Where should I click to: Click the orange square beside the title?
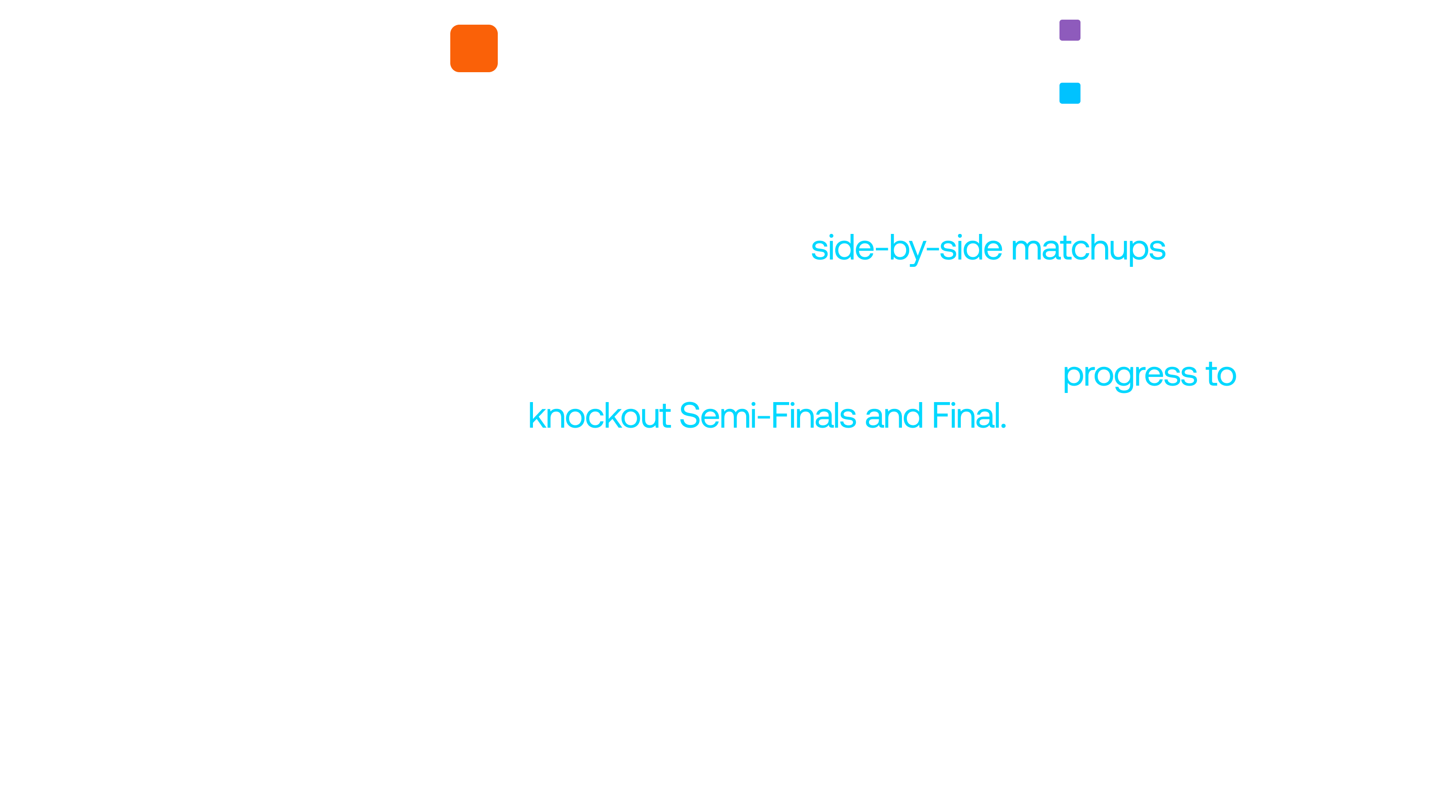point(474,48)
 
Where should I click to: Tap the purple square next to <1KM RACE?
point(1070,30)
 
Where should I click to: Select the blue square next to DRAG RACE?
point(1070,93)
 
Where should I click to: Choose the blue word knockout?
point(599,416)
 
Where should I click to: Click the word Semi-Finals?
point(767,416)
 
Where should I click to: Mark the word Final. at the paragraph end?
point(969,416)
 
